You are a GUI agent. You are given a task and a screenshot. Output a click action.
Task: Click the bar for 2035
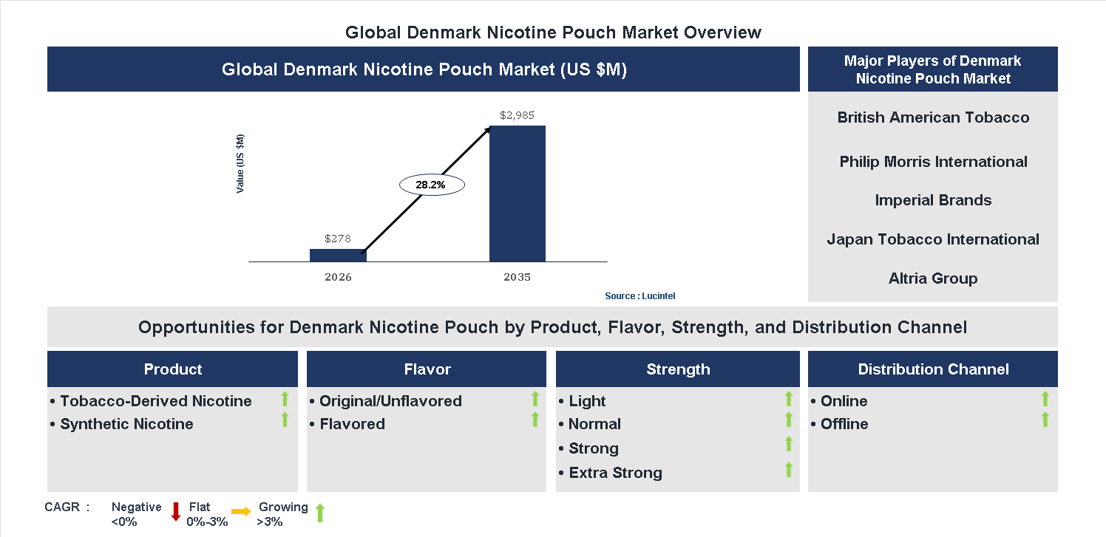coord(518,194)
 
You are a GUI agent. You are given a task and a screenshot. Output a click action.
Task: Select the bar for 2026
coord(338,255)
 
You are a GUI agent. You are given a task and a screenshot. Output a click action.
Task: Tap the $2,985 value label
coord(517,115)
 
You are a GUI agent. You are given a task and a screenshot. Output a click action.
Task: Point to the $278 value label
coord(338,239)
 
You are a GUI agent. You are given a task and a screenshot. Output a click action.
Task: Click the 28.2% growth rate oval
coord(431,185)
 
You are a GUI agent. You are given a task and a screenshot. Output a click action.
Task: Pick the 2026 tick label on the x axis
coord(338,278)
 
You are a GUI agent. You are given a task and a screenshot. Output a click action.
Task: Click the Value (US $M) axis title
coord(240,164)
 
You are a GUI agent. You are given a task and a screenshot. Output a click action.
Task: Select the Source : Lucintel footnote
coord(639,296)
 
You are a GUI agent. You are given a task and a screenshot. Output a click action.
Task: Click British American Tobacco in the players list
coord(933,117)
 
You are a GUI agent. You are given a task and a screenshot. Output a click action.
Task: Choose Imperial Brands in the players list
coord(933,200)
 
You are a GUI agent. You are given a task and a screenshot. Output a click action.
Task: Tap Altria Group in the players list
coord(933,278)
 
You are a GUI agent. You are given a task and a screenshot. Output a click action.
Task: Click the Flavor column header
coord(427,369)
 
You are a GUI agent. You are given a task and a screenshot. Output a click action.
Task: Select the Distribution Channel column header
coord(933,369)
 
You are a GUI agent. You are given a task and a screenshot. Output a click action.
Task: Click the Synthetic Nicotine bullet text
coord(126,424)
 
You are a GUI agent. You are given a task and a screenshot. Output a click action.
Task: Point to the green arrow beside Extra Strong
coord(789,469)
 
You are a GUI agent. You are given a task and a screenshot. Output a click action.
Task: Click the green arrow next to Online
coord(1045,399)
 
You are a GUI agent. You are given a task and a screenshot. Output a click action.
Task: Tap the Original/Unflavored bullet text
coord(390,401)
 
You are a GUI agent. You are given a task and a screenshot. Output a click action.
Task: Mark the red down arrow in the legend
coord(176,511)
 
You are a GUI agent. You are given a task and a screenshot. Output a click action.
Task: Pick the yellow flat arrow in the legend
coord(241,511)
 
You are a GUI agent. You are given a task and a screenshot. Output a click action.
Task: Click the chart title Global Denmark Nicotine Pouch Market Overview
coord(553,33)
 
